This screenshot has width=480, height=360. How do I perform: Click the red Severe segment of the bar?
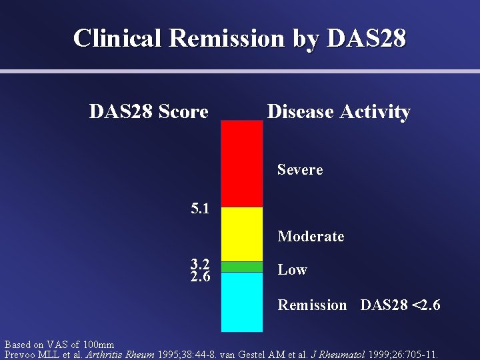pyautogui.click(x=241, y=163)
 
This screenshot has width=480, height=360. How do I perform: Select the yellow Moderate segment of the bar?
pyautogui.click(x=241, y=233)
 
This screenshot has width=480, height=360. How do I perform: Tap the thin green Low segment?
pyautogui.click(x=241, y=267)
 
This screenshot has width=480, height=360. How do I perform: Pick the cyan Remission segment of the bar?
pyautogui.click(x=241, y=301)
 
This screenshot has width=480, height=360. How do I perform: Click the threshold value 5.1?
pyautogui.click(x=200, y=209)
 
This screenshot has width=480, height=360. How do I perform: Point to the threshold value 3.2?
pyautogui.click(x=200, y=264)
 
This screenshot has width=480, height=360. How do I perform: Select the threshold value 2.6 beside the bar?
pyautogui.click(x=200, y=276)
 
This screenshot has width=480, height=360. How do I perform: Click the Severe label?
pyautogui.click(x=300, y=170)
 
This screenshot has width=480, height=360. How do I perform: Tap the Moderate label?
pyautogui.click(x=311, y=237)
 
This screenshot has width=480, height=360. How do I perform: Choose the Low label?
pyautogui.click(x=292, y=270)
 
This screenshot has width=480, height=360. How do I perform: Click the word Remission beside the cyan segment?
pyautogui.click(x=312, y=305)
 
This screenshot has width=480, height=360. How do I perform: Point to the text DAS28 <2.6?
pyautogui.click(x=400, y=305)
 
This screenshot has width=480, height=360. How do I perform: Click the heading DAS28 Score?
pyautogui.click(x=149, y=111)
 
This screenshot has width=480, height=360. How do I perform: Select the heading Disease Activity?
pyautogui.click(x=338, y=111)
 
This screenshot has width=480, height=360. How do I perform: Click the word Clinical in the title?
pyautogui.click(x=117, y=38)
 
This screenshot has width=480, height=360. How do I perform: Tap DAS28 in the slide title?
pyautogui.click(x=366, y=38)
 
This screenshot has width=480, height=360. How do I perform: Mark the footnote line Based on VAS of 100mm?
pyautogui.click(x=59, y=345)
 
